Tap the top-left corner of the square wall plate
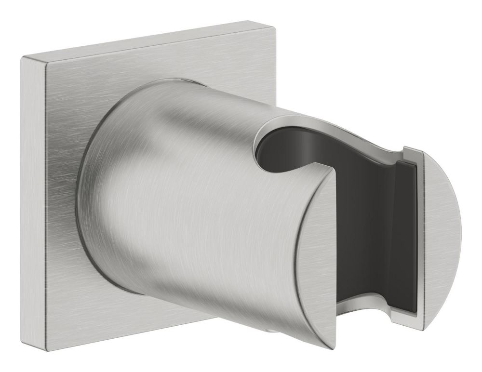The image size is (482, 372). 22,58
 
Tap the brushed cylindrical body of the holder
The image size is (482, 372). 193,193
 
